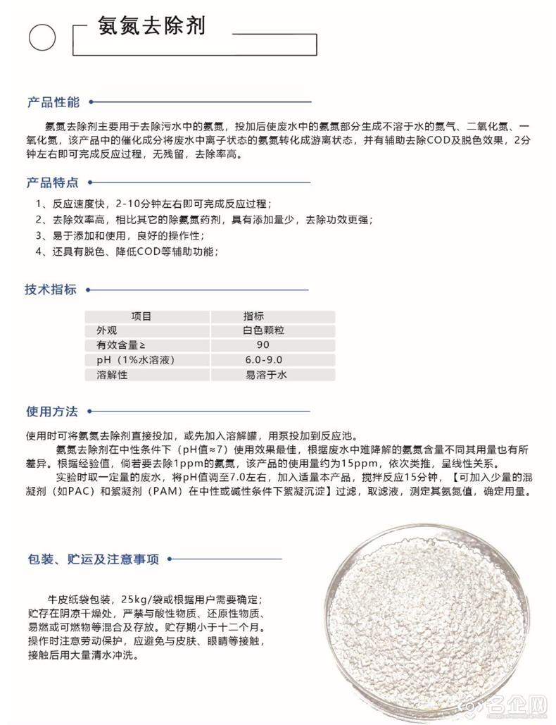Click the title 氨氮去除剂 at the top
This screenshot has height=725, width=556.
pos(152,27)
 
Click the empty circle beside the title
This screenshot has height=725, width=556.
pos(42,37)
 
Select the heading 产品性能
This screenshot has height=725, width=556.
pos(53,101)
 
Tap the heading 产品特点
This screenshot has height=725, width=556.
pos(53,182)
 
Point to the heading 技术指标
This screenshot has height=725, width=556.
pos(51,290)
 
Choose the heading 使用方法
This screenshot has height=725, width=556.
pos(51,411)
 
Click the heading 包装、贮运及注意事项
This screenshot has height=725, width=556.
pos(94,559)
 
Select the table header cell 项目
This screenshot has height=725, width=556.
pos(141,316)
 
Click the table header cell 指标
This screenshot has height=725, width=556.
pos(253,316)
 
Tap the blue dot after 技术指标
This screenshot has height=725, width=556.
pos(89,290)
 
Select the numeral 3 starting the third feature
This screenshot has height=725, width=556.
pos(39,235)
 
